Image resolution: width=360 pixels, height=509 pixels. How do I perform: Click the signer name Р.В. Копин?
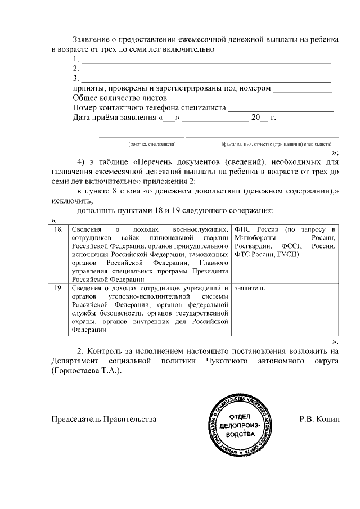(x=320, y=420)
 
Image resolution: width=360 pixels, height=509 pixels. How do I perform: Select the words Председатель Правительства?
(x=103, y=420)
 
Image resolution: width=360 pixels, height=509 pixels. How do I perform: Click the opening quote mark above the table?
(x=53, y=220)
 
